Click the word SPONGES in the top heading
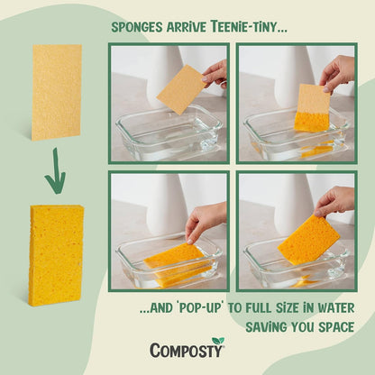(x=137, y=26)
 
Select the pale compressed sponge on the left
(x=56, y=93)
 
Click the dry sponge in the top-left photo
(x=182, y=89)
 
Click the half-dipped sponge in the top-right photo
(x=312, y=108)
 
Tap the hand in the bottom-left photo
(x=206, y=219)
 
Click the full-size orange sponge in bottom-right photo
(x=307, y=240)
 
